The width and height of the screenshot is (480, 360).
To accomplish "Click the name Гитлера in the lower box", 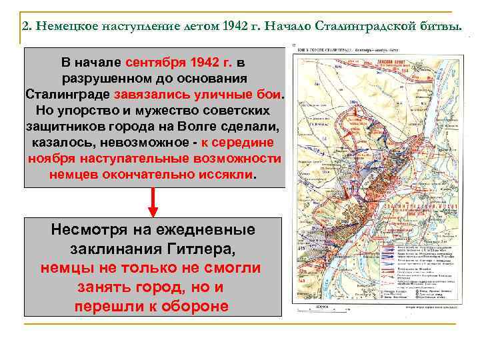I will [199, 249].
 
